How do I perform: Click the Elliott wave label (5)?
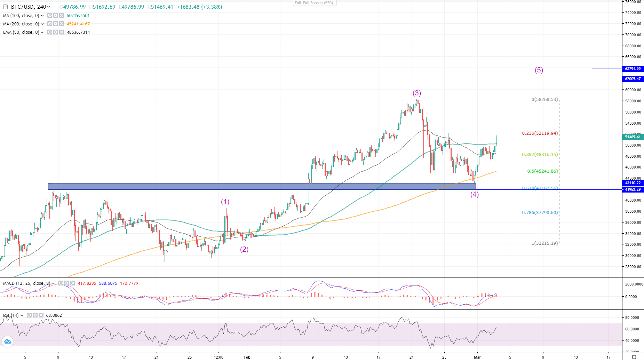point(539,70)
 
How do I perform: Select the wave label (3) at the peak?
point(417,93)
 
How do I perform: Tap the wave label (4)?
point(475,195)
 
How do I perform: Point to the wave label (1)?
point(225,202)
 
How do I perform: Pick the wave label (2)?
point(244,250)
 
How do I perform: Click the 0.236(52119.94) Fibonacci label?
point(540,133)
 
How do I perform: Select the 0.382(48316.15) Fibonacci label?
point(540,155)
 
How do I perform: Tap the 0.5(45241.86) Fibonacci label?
point(542,171)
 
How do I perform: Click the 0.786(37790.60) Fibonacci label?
point(540,213)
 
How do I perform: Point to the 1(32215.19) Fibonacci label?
point(544,243)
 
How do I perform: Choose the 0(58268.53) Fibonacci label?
point(544,100)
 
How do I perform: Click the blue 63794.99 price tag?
point(633,69)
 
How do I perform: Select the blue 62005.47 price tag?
point(633,79)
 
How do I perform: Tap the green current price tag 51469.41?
point(633,137)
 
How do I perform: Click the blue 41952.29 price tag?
point(633,190)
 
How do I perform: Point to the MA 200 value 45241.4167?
point(78,24)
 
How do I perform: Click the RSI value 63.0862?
point(54,315)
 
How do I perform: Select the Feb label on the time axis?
point(247,357)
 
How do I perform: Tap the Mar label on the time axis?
point(477,357)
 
